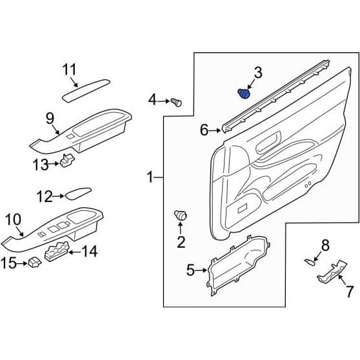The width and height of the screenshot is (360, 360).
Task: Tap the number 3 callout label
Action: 257,73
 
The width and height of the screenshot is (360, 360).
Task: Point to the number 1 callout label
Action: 150,176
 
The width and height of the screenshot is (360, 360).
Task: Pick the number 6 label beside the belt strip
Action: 204,131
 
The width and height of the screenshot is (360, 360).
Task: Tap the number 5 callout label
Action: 191,271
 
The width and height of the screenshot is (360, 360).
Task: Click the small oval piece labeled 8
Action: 310,261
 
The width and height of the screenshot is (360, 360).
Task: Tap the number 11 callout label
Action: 70,70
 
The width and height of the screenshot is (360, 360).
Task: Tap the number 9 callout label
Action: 49,117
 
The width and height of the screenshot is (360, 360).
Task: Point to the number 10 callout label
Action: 14,220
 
